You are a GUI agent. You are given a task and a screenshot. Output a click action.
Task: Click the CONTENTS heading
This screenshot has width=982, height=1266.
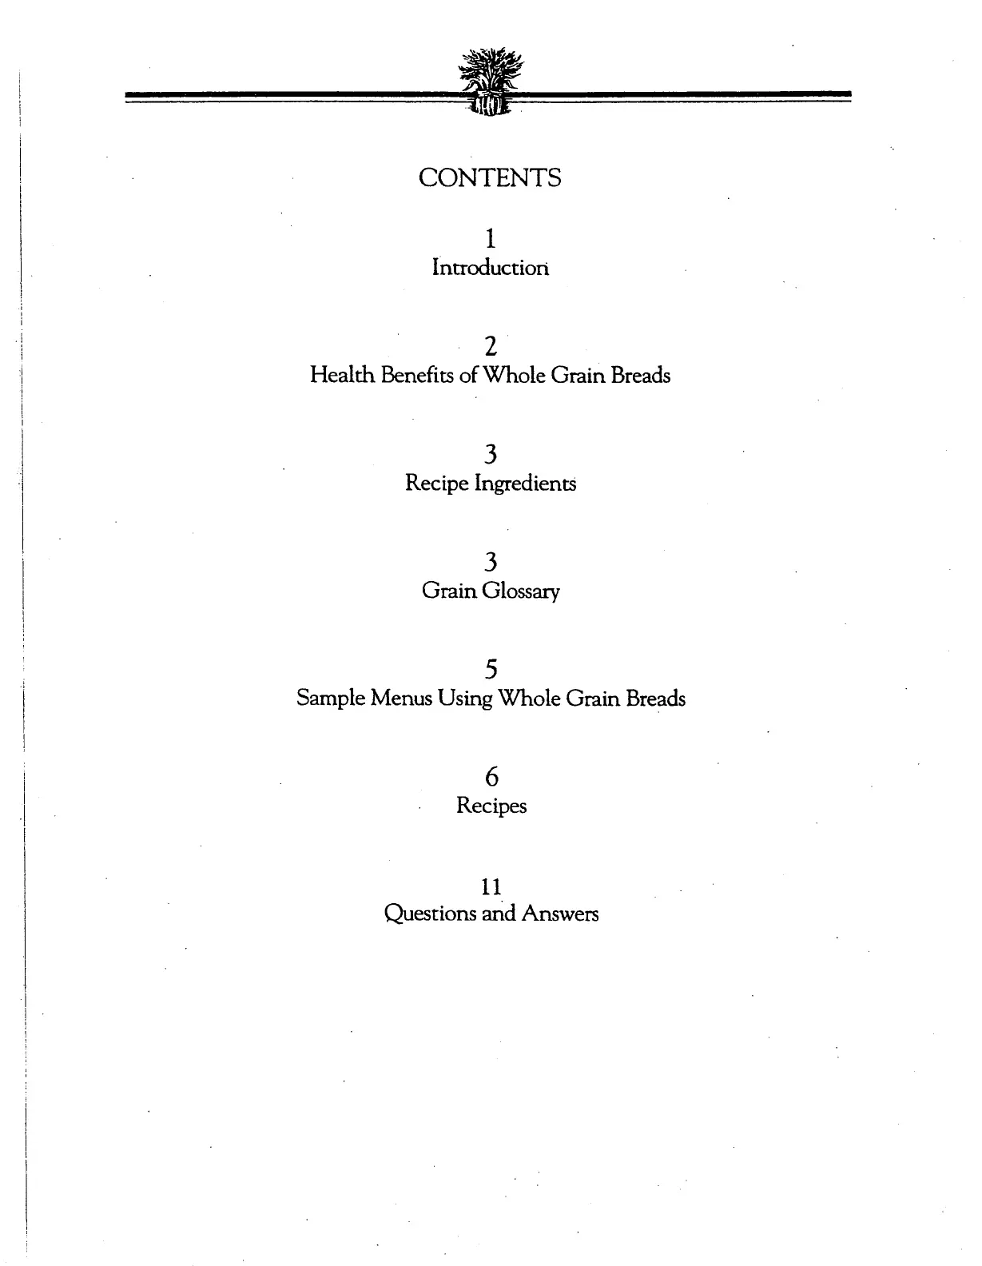(490, 178)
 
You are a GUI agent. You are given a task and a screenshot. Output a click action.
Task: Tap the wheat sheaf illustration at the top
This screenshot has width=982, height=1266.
(491, 81)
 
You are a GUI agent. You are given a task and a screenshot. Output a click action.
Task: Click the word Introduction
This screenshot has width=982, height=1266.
(491, 267)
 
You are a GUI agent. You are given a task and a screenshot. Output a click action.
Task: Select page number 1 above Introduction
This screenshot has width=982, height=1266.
(491, 238)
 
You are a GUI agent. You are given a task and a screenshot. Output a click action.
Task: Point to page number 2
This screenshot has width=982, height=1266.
(491, 347)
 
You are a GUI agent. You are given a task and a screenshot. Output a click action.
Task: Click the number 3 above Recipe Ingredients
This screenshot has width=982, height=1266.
(491, 455)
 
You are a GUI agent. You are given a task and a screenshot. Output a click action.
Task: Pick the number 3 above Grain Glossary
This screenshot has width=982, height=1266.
(491, 562)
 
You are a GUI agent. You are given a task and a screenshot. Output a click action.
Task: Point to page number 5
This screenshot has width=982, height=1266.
(491, 669)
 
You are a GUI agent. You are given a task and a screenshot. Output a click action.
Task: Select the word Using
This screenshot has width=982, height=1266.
(465, 699)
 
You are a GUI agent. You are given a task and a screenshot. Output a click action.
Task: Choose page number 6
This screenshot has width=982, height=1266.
(491, 776)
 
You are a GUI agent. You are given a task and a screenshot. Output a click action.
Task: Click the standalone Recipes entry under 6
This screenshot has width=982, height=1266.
(491, 806)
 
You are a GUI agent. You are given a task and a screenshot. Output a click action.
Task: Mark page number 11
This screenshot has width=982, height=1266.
(491, 886)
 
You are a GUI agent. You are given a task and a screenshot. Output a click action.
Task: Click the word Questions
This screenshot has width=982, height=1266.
(430, 914)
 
